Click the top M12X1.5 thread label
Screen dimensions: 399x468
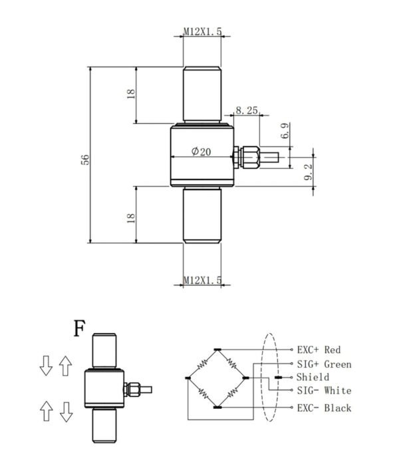pyautogui.click(x=202, y=31)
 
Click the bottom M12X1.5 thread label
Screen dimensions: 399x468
pyautogui.click(x=202, y=280)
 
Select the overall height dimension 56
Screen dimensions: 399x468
pyautogui.click(x=85, y=160)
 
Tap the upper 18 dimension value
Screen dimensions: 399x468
pyautogui.click(x=131, y=94)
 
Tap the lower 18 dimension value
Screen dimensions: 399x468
pyautogui.click(x=131, y=218)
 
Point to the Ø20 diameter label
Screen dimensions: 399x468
pyautogui.click(x=201, y=152)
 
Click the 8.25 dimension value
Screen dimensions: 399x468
pyautogui.click(x=247, y=110)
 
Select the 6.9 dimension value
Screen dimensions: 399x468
pyautogui.click(x=285, y=130)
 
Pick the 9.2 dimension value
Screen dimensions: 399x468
pyautogui.click(x=308, y=172)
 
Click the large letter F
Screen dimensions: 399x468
pyautogui.click(x=79, y=328)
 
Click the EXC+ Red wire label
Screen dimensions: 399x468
pyautogui.click(x=319, y=350)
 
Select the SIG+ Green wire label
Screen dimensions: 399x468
pyautogui.click(x=324, y=364)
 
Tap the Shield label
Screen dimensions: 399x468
pyautogui.click(x=313, y=377)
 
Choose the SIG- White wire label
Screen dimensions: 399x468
pyautogui.click(x=324, y=390)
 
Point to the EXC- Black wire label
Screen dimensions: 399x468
pyautogui.click(x=324, y=408)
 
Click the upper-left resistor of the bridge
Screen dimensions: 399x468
pyautogui.click(x=202, y=364)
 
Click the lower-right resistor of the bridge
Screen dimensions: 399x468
pyautogui.click(x=232, y=393)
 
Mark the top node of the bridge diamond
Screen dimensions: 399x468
pyautogui.click(x=217, y=349)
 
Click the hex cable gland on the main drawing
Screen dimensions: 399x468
pyautogui.click(x=250, y=157)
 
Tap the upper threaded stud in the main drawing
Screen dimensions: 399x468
pyautogui.click(x=202, y=94)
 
